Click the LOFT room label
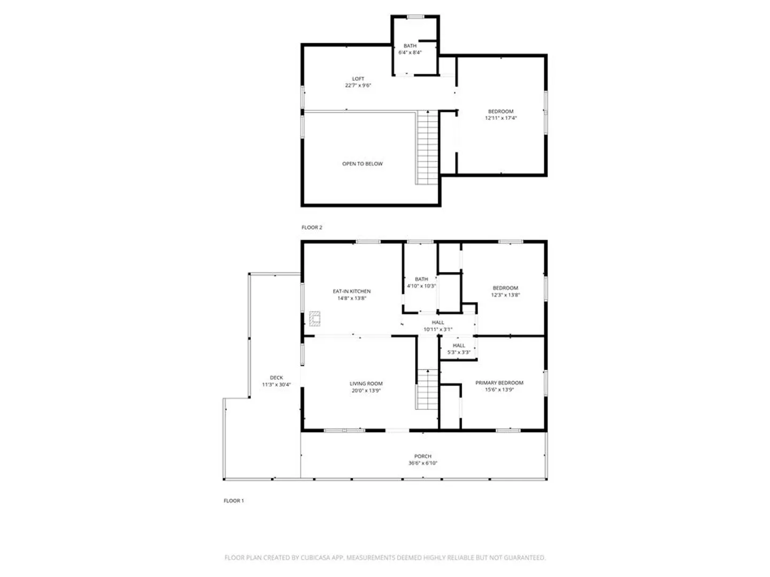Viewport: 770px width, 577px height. pos(358,79)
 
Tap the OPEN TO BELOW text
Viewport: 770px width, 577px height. pos(362,163)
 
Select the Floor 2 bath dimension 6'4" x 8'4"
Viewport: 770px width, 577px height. pos(410,52)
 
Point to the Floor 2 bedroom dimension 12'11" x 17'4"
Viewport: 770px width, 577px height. pos(500,118)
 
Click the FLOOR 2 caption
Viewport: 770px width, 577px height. pos(312,228)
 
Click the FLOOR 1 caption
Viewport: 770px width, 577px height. pos(234,501)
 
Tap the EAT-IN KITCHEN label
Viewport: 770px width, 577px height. pos(351,291)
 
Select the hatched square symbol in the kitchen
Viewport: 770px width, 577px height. pos(314,318)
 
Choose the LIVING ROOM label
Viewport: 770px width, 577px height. pos(366,384)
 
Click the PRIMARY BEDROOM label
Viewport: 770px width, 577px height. pos(499,383)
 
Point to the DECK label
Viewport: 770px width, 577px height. pos(276,378)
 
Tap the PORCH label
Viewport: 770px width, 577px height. pos(422,456)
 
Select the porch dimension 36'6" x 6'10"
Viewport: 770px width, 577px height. pos(422,463)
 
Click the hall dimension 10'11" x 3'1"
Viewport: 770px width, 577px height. pos(438,329)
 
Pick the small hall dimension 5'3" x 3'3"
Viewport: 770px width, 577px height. pos(458,353)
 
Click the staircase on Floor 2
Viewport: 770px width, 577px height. pos(427,147)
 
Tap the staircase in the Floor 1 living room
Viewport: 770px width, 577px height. pos(427,389)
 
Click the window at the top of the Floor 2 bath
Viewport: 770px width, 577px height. pos(415,17)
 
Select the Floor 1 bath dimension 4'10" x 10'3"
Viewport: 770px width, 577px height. pos(421,286)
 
